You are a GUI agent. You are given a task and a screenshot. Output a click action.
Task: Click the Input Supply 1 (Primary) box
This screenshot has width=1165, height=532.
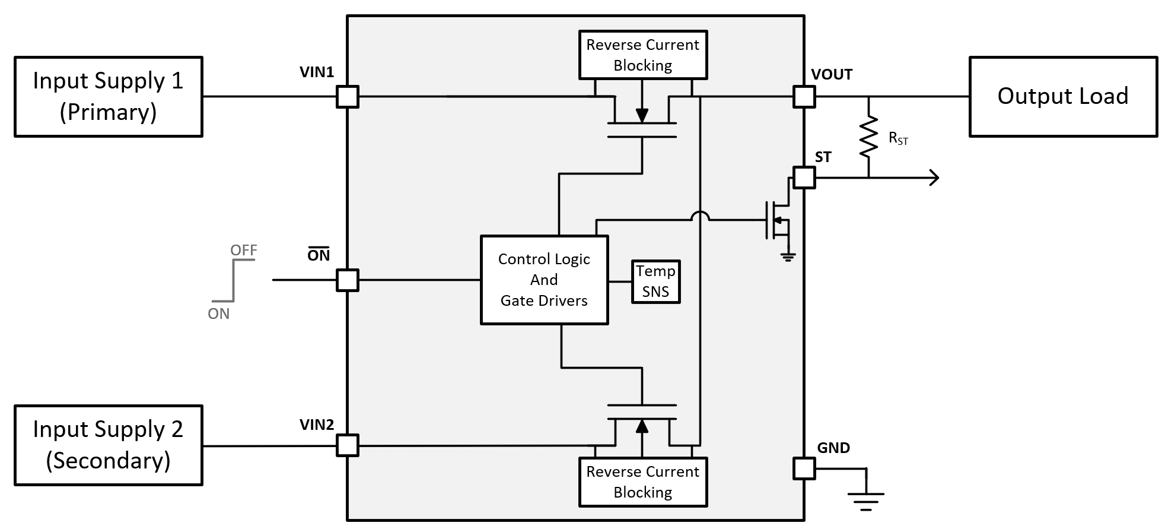pyautogui.click(x=108, y=97)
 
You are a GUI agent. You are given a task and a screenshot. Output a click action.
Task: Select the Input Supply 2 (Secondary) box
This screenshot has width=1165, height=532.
pyautogui.click(x=108, y=445)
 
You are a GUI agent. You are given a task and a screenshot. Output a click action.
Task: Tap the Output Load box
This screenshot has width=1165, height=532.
pyautogui.click(x=1062, y=97)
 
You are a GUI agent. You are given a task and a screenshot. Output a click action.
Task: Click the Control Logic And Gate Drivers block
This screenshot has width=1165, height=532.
pyautogui.click(x=544, y=280)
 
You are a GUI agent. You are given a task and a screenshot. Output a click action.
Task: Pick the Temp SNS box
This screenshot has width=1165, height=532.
pyautogui.click(x=655, y=281)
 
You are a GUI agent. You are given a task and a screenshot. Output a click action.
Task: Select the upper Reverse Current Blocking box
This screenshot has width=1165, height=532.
pyautogui.click(x=642, y=55)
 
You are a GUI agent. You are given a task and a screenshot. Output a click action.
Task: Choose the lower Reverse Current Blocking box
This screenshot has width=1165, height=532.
pyautogui.click(x=642, y=482)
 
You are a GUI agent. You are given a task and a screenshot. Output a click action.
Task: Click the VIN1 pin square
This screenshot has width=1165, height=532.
pyautogui.click(x=348, y=96)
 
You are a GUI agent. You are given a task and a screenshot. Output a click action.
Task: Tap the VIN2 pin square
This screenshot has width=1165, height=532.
pyautogui.click(x=348, y=445)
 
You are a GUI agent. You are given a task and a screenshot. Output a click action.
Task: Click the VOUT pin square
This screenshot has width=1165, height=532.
pyautogui.click(x=804, y=96)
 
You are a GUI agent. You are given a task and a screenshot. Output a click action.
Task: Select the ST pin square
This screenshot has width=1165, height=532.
pyautogui.click(x=804, y=178)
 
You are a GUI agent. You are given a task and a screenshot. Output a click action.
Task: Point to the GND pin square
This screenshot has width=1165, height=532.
pyautogui.click(x=804, y=468)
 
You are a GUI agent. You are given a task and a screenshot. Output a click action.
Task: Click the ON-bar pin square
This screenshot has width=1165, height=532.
pyautogui.click(x=348, y=280)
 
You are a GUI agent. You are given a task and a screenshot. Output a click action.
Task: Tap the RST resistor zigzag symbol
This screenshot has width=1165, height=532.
pyautogui.click(x=868, y=137)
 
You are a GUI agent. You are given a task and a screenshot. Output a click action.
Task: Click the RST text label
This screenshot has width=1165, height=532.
pyautogui.click(x=898, y=138)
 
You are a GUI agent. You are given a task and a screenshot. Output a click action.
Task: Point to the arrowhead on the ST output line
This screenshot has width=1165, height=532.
pyautogui.click(x=934, y=178)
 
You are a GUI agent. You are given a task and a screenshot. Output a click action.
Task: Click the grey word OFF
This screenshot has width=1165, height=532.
pyautogui.click(x=244, y=250)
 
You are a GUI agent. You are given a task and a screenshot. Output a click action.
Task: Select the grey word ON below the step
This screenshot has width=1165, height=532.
pyautogui.click(x=218, y=313)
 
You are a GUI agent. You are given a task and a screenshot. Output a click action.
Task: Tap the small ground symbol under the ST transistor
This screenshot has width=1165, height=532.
pyautogui.click(x=788, y=257)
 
